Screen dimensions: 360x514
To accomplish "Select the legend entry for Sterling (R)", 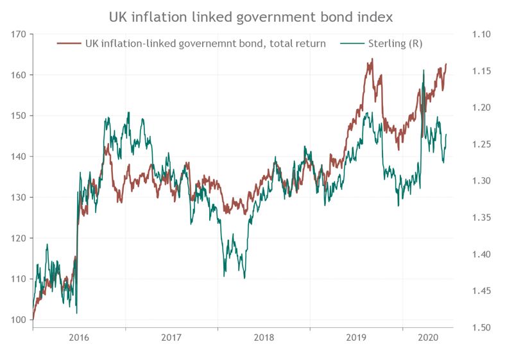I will tap(395, 44).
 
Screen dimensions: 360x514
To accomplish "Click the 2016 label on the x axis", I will tap(79, 338).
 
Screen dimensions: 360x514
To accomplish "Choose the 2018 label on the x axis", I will tap(264, 338).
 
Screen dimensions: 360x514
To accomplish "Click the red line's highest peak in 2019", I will tap(372, 60).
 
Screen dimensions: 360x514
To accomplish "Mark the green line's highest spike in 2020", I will tap(424, 70).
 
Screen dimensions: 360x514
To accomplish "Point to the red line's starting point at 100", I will tap(33, 319).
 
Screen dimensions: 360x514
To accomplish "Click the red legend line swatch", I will tap(69, 44).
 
